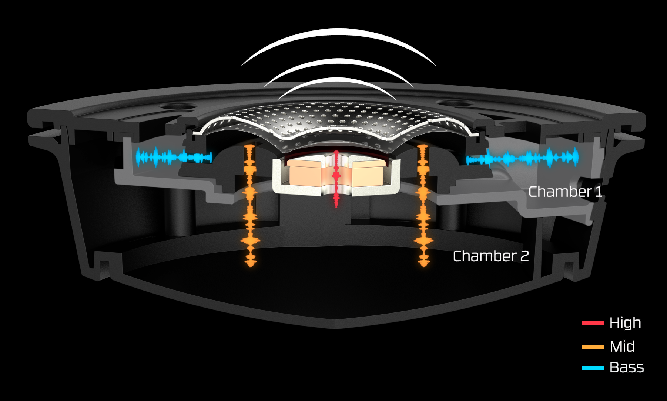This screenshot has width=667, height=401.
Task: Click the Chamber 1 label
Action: (x=565, y=192)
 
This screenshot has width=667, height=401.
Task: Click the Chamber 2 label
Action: (x=490, y=256)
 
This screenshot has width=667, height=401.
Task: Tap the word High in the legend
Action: (x=625, y=323)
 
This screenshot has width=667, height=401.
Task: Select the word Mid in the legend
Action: (x=622, y=347)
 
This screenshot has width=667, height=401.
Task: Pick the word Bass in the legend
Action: (x=627, y=367)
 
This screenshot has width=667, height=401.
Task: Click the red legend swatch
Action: (x=593, y=323)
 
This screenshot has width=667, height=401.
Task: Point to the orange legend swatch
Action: (x=593, y=347)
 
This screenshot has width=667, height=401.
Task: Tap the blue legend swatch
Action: (x=593, y=368)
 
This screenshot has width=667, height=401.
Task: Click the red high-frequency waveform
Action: (x=336, y=178)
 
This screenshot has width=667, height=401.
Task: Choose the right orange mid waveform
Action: (x=423, y=206)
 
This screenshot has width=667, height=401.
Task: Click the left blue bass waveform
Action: (x=173, y=157)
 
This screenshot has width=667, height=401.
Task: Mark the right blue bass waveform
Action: (x=522, y=158)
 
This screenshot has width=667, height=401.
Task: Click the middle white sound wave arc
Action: (x=339, y=62)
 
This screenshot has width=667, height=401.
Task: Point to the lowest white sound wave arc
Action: (x=337, y=80)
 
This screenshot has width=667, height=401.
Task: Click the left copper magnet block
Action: (x=304, y=174)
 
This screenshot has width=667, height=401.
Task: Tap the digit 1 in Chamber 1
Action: (x=598, y=192)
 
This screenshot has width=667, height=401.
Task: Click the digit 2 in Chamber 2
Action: (x=524, y=256)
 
